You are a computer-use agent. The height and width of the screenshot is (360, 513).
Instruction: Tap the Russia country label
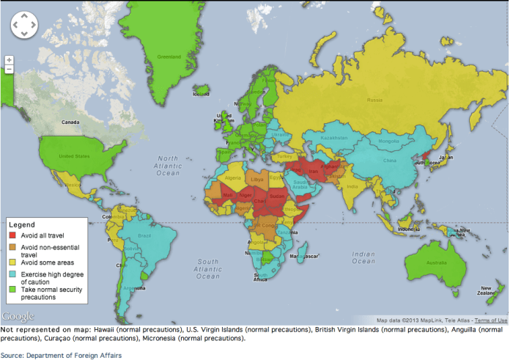(374, 100)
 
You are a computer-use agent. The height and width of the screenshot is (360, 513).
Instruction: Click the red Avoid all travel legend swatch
(12, 235)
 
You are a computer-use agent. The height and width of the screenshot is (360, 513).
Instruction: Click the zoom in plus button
(9, 60)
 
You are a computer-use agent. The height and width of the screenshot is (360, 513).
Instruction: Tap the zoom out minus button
(9, 70)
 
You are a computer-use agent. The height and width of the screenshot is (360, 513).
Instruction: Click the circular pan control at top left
(23, 26)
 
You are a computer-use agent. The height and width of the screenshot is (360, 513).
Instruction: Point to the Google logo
(18, 316)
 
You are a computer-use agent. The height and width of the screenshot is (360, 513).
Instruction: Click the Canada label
(70, 122)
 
